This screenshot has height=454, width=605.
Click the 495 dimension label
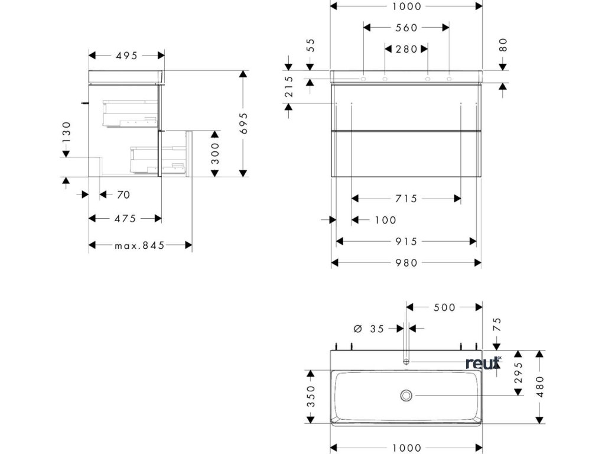pos(126,56)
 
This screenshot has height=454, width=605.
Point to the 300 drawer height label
pos(215,154)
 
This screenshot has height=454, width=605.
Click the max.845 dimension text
pos(139,245)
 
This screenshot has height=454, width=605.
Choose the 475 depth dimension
pos(125,219)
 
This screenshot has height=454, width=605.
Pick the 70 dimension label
pos(123,194)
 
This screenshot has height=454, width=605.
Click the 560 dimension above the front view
pos(406,28)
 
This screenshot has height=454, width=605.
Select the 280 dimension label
pos(406,49)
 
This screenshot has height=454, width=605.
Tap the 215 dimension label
pos(290,87)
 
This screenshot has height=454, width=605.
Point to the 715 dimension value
pos(406,199)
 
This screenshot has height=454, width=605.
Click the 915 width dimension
pos(406,241)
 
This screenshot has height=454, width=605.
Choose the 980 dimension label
pos(406,263)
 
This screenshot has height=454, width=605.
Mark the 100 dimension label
pos(385,220)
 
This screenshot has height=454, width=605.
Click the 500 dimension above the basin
pos(444,307)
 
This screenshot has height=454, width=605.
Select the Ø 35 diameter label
pos(369,328)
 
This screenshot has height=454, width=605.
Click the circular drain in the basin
pos(406,395)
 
